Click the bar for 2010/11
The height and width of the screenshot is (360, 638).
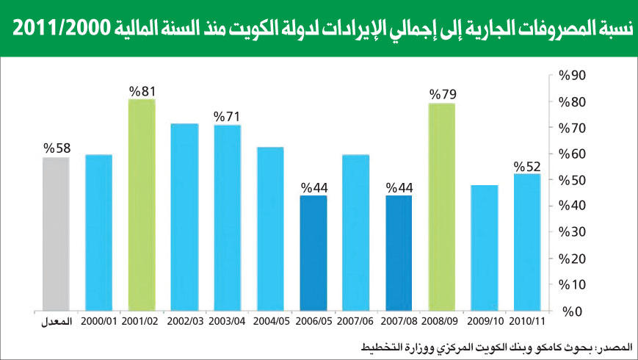coord(527,242)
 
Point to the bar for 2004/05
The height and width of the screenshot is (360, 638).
coord(270,228)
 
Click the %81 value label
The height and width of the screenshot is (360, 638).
coord(142,91)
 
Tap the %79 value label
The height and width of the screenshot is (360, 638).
coord(442,95)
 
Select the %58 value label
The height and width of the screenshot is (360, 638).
coord(57,148)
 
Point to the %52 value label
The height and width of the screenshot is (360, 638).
coord(527,165)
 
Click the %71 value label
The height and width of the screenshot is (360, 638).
coord(228,117)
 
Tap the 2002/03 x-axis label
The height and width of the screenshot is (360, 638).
coord(184,321)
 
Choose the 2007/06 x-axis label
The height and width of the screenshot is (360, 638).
coord(355,321)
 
